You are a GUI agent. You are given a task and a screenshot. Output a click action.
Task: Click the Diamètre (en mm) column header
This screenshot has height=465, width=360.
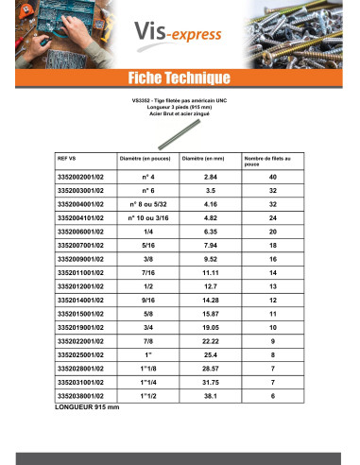(202, 159)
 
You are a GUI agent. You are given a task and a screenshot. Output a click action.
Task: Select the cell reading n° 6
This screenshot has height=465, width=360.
(141, 190)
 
